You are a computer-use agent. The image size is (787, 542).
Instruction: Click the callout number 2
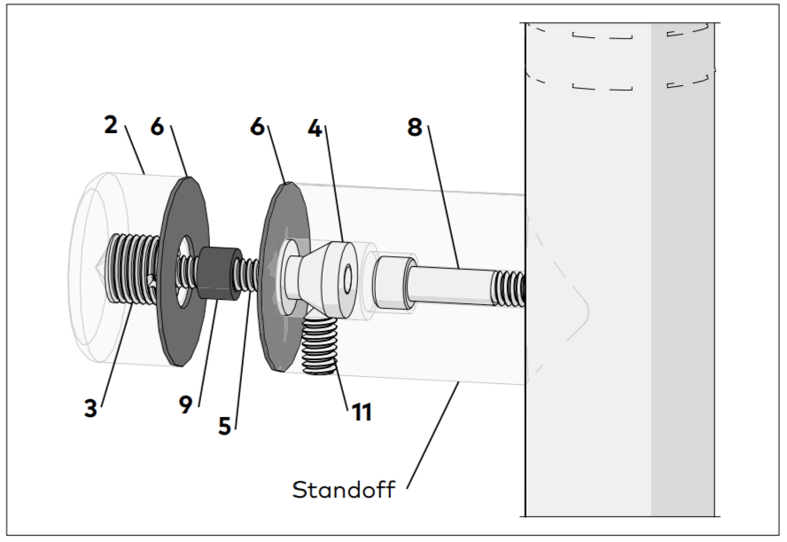(x=111, y=125)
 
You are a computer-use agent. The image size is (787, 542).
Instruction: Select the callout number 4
(x=315, y=130)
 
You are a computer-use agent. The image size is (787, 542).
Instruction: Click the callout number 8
(x=415, y=128)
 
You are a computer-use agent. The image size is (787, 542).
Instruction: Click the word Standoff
(x=344, y=489)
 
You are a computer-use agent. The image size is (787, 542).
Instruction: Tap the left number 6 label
(x=157, y=128)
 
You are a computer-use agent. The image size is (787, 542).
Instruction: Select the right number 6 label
(x=258, y=128)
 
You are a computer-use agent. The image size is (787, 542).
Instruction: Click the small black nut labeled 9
(x=217, y=272)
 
